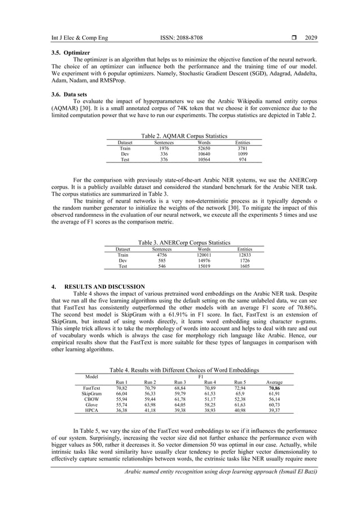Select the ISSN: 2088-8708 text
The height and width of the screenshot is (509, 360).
182,38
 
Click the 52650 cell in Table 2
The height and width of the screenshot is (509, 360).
204,148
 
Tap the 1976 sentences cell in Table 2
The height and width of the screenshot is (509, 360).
164,148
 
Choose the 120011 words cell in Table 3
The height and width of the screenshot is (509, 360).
204,254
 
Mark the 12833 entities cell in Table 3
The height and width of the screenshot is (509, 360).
244,254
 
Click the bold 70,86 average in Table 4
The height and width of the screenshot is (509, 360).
274,388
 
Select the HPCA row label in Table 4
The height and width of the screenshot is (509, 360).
91,411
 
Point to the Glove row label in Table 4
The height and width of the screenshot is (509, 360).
91,405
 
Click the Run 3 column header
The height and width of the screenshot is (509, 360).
179,382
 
